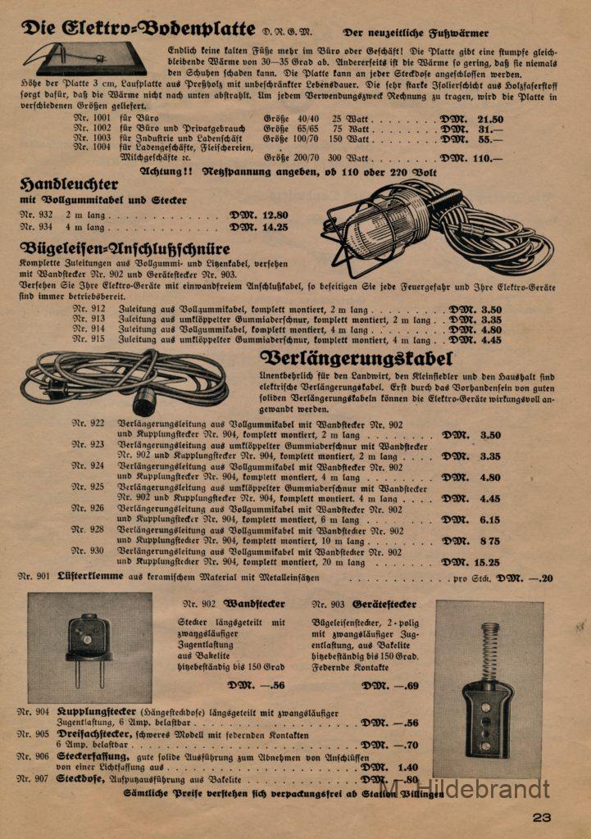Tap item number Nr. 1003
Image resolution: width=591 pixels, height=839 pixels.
[x=92, y=138]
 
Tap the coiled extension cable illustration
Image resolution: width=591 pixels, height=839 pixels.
[x=124, y=381]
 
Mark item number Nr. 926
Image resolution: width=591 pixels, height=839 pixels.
[x=89, y=509]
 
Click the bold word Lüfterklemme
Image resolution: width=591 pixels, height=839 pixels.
[x=90, y=576]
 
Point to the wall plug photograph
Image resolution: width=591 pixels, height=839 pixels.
[x=89, y=647]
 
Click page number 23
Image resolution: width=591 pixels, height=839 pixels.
[x=542, y=816]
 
